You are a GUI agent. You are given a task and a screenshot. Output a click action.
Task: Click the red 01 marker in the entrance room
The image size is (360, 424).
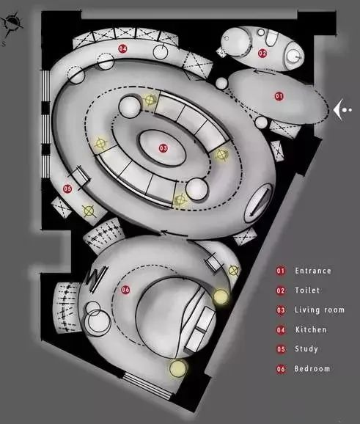(x=279, y=96)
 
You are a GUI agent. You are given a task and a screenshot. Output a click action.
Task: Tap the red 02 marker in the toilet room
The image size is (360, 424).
(x=262, y=53)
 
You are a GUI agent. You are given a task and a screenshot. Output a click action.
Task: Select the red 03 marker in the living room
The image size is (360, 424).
(x=164, y=148)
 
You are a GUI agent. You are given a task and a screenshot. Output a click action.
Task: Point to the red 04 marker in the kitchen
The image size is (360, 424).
(x=122, y=48)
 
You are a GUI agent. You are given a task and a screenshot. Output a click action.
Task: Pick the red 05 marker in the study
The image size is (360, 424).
(x=67, y=189)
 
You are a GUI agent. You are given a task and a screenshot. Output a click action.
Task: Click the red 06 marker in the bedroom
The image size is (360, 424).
(x=125, y=290)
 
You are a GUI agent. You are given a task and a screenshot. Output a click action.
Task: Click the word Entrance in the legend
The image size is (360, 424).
(x=313, y=271)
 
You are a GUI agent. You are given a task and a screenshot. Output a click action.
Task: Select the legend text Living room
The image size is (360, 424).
(x=320, y=310)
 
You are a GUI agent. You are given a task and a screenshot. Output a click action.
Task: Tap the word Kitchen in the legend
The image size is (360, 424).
(x=311, y=329)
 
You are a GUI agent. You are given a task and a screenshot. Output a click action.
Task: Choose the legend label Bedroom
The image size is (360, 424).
(x=312, y=368)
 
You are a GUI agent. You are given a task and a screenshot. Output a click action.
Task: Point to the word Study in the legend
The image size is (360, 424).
(x=306, y=349)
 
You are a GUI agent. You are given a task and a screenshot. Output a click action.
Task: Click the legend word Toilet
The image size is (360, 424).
(x=307, y=290)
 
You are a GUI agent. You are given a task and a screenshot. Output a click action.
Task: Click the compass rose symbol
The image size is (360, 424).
(x=12, y=23)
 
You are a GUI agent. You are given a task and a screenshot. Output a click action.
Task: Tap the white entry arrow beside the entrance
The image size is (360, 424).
(x=339, y=110)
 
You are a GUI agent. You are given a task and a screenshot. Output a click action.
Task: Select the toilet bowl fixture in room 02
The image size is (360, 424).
(x=271, y=37)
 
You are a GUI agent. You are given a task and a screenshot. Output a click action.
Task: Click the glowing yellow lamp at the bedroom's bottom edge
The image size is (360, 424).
(x=178, y=368)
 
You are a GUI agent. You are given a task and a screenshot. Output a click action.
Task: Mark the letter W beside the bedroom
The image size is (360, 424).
(x=95, y=277)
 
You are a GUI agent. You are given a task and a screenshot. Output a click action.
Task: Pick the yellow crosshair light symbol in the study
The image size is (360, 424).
(x=89, y=211)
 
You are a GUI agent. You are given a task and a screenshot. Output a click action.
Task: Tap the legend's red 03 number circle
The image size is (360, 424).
(x=281, y=310)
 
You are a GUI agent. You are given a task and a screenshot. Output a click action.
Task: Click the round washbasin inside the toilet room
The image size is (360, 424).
(x=293, y=56)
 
